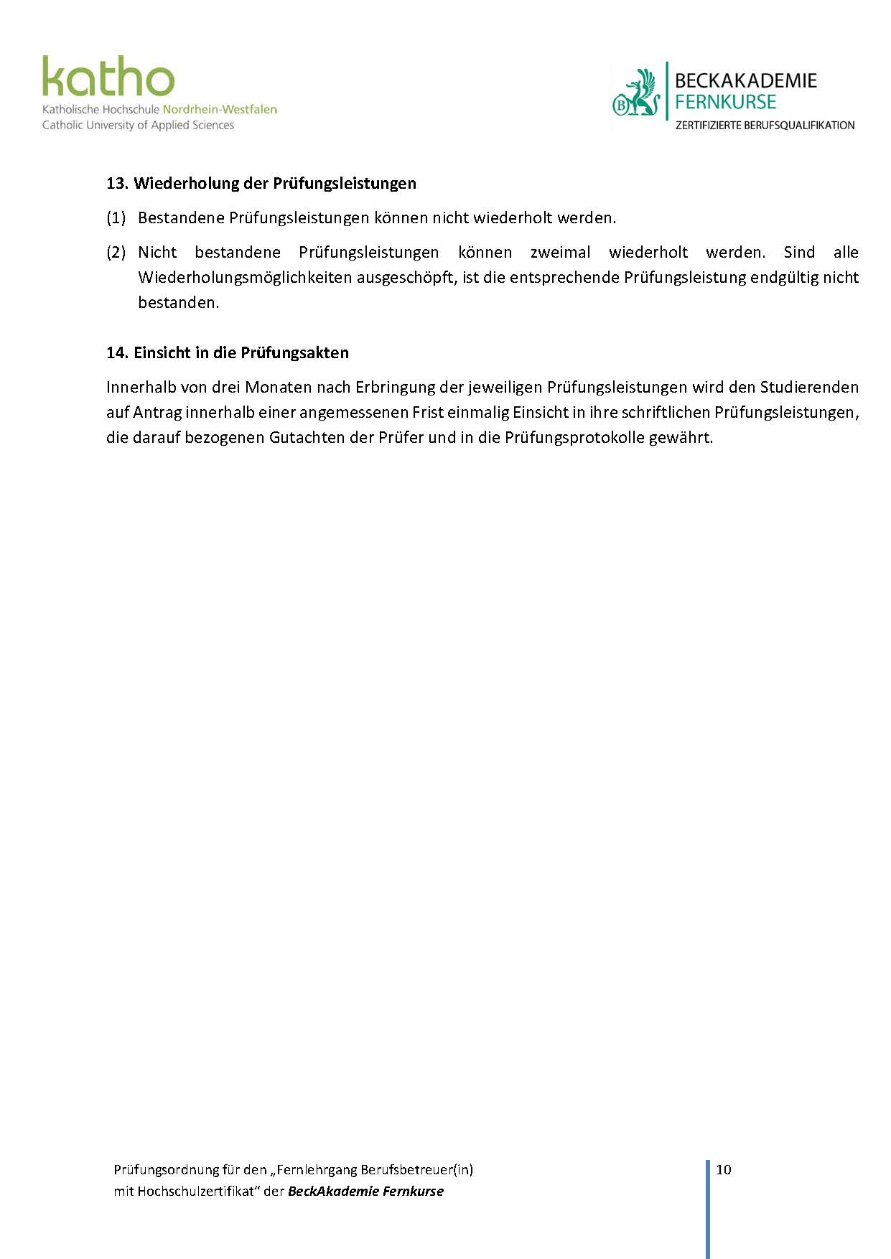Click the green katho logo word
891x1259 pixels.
(x=108, y=78)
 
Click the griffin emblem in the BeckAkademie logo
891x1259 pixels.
(x=637, y=93)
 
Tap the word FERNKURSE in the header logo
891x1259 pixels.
(x=725, y=102)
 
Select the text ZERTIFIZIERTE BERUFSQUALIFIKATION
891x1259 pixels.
(x=765, y=125)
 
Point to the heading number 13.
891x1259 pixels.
(x=117, y=183)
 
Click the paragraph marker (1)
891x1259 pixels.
(x=116, y=217)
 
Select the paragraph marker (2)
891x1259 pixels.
(x=116, y=252)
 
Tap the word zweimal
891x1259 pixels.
(x=560, y=252)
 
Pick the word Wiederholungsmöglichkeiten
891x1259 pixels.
(x=245, y=277)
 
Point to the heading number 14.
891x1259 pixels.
(x=117, y=352)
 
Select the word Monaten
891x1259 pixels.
(x=276, y=387)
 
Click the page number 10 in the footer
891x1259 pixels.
(x=723, y=1169)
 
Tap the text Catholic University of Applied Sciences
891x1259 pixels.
(x=138, y=125)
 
